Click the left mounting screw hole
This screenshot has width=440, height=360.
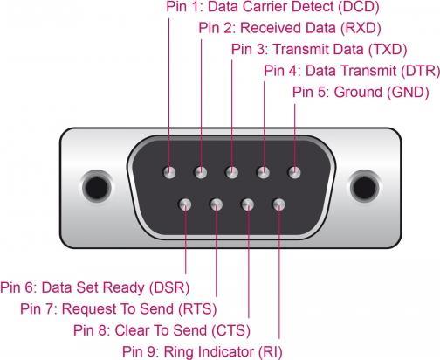[97, 187]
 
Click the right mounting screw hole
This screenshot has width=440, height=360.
[364, 187]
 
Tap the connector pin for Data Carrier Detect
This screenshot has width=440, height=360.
[169, 172]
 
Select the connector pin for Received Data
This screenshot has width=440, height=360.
[201, 172]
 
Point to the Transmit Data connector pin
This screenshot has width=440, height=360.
[232, 172]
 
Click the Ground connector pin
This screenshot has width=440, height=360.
[294, 172]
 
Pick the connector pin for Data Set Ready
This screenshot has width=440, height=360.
[185, 204]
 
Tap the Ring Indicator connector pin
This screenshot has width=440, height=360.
[278, 204]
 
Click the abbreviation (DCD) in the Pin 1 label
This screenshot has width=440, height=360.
[359, 8]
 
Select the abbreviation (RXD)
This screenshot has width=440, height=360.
[361, 29]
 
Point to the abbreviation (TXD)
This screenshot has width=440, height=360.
[388, 50]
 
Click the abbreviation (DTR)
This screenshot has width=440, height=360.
[420, 71]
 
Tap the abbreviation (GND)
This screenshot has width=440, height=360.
[408, 93]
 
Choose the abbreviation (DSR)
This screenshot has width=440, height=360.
[169, 287]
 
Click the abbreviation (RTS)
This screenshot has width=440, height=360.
[197, 309]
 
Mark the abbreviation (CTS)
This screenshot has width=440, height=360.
[231, 330]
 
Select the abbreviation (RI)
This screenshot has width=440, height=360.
[271, 351]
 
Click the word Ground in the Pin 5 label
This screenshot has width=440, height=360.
[358, 93]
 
